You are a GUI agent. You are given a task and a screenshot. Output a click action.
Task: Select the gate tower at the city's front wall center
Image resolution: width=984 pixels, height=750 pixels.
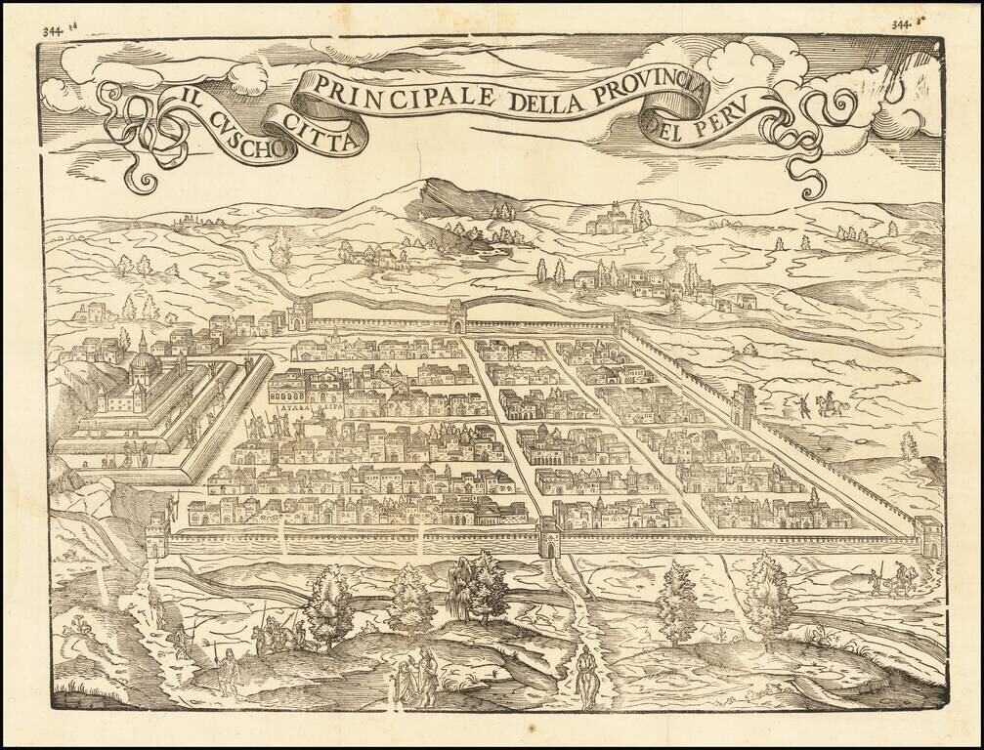(549, 536)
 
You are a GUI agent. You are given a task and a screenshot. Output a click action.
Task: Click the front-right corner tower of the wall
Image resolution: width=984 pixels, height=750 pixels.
(927, 536)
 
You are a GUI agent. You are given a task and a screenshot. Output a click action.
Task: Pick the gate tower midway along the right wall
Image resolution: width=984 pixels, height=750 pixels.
(745, 404)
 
